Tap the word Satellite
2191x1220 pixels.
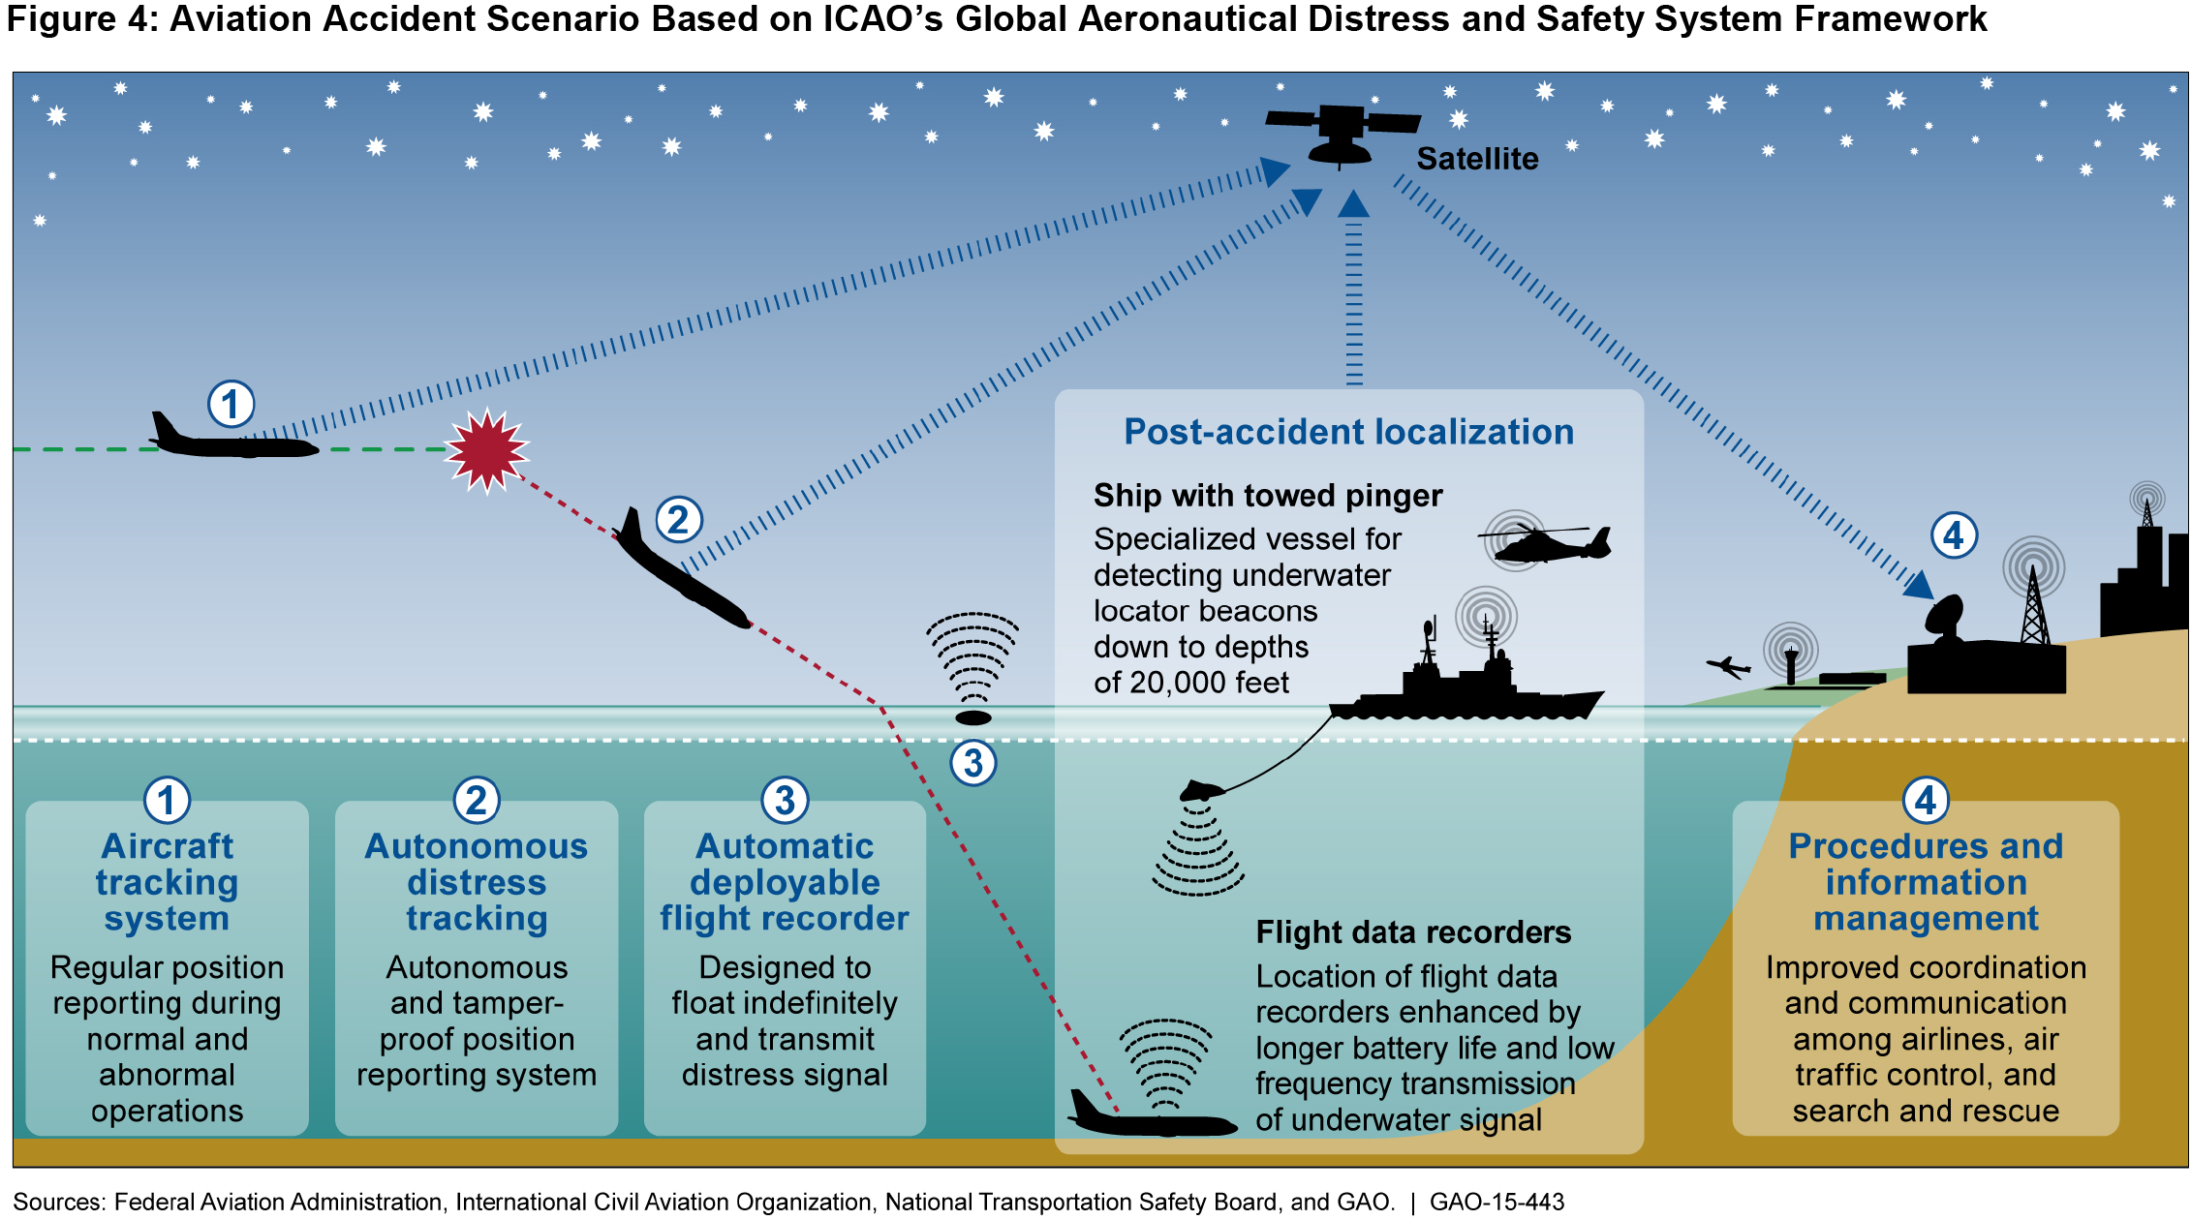pos(1477,159)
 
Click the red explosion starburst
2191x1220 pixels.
pos(486,451)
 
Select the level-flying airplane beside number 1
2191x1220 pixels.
pos(232,442)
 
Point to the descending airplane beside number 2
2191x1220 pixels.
pos(680,573)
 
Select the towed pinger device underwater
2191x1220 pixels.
pos(1202,790)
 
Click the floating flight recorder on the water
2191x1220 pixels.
pos(973,717)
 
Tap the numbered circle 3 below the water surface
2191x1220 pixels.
pos(973,763)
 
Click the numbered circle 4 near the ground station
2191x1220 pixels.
pos(1953,535)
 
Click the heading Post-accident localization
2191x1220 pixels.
pos(1348,432)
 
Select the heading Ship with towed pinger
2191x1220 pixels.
pos(1267,496)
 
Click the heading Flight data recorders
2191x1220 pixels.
pos(1413,932)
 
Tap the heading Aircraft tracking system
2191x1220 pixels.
pos(167,882)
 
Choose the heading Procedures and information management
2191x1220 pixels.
pos(1926,882)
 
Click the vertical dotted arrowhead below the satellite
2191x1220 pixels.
pos(1353,204)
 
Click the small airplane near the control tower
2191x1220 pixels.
pos(1727,667)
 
